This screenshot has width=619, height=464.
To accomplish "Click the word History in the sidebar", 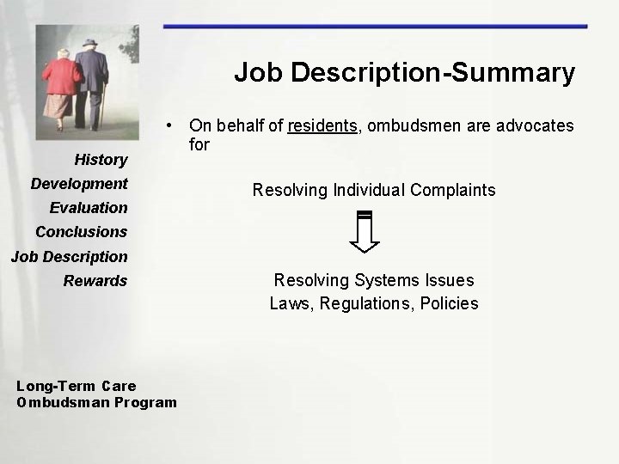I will (101, 159).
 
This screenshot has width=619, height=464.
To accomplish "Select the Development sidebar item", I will (79, 183).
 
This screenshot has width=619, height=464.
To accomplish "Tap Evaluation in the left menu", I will (89, 207).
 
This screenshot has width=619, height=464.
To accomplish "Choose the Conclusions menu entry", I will (81, 231).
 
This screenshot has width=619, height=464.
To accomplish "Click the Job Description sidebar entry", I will (69, 256).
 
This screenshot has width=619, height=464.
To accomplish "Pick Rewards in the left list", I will (95, 280).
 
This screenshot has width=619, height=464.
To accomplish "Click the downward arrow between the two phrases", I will (365, 231).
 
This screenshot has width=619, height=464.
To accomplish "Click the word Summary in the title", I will (522, 72).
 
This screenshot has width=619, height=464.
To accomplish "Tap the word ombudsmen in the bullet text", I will (413, 126).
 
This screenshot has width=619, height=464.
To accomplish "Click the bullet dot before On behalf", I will (172, 126).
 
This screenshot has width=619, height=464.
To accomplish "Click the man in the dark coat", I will (91, 77).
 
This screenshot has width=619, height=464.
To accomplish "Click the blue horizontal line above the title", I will (375, 27).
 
